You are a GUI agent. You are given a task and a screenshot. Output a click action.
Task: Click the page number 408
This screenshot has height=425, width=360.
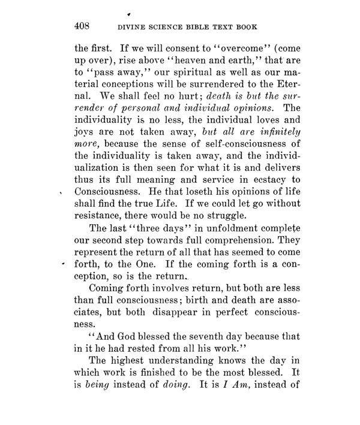tap(82, 26)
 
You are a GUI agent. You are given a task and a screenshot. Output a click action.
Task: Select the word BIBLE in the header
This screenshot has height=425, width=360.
tap(205, 26)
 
